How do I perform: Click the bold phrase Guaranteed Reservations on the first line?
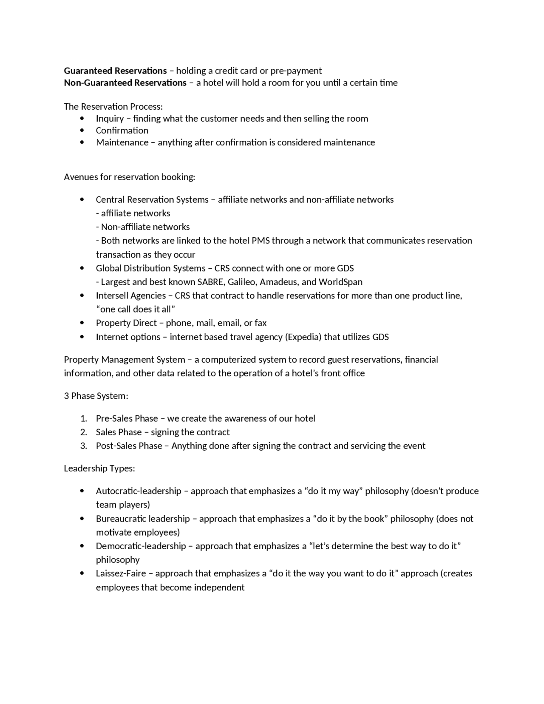tap(115, 71)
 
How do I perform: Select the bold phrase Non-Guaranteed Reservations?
tap(125, 82)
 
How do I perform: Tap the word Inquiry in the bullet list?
tap(110, 119)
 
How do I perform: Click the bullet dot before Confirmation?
tap(82, 131)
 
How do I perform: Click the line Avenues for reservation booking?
tap(130, 177)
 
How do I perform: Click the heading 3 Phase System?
tap(96, 396)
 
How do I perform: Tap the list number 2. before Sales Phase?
tap(84, 432)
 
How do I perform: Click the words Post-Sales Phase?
tap(129, 446)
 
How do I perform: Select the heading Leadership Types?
tap(99, 468)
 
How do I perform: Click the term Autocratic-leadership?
tap(139, 491)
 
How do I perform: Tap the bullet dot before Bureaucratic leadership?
tap(82, 519)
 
